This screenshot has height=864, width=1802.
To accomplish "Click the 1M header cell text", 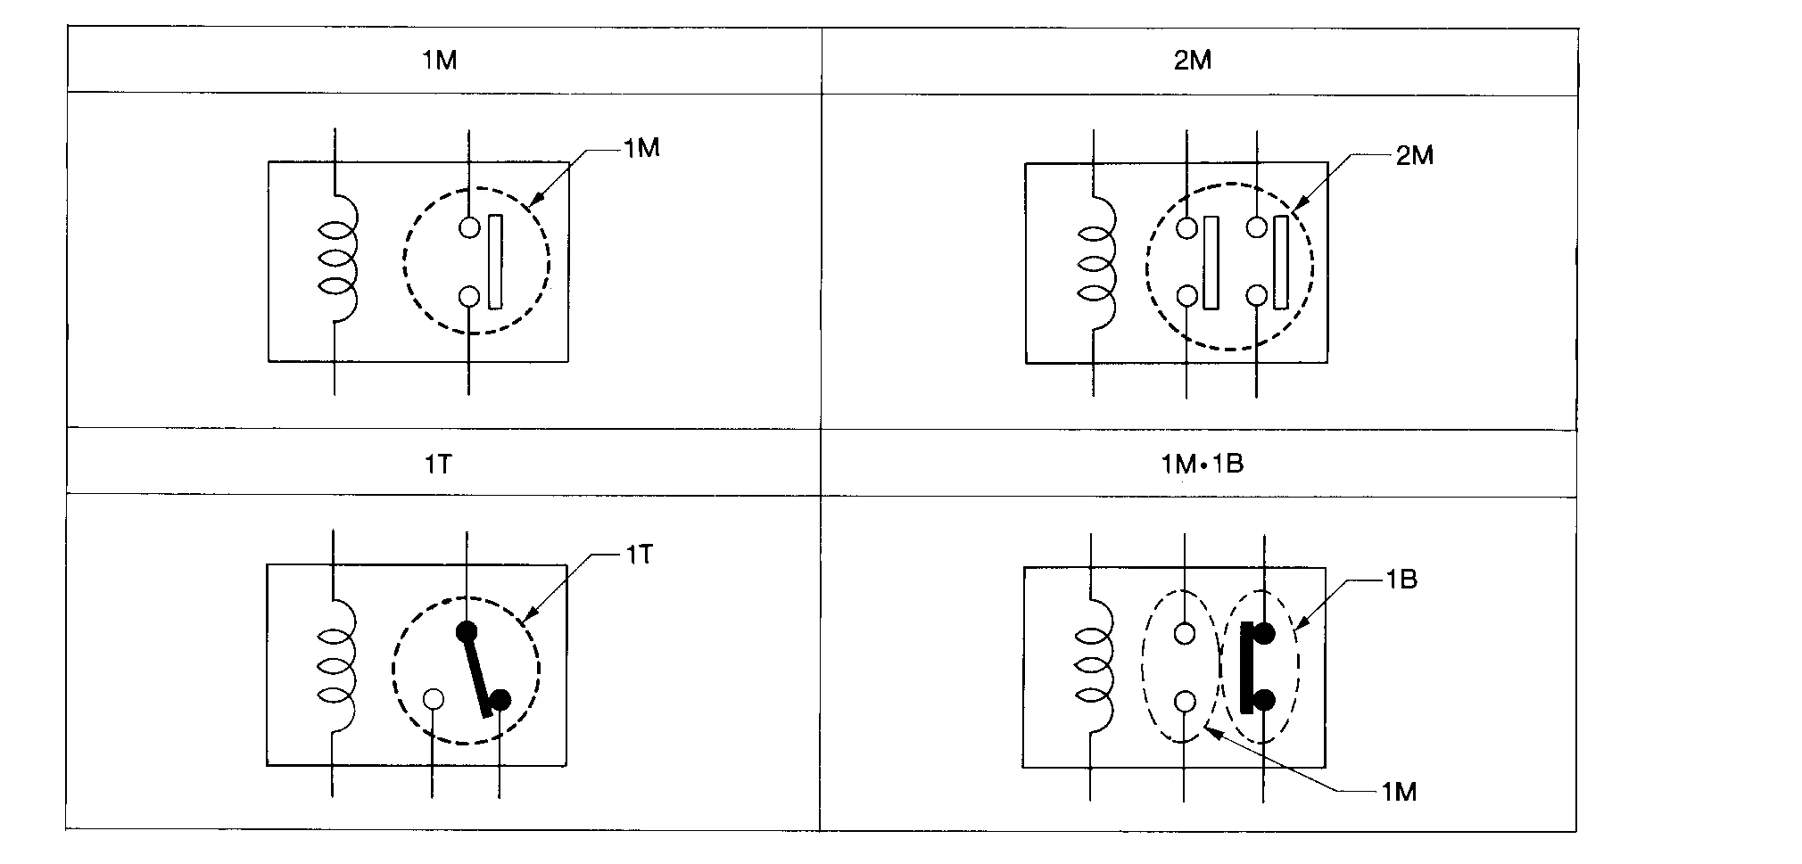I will [440, 61].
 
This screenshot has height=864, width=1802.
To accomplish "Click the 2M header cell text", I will [1193, 61].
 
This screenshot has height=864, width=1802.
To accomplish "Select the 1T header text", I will [438, 465].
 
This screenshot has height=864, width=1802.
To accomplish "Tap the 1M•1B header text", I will [1202, 465].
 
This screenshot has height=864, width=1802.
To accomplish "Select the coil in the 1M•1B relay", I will [1095, 664].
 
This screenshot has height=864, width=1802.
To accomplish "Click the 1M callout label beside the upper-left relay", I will [641, 148].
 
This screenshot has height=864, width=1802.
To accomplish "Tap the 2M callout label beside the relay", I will [1414, 156].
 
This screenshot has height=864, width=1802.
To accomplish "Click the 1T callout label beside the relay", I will [639, 555].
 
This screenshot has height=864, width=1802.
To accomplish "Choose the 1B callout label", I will [1401, 580].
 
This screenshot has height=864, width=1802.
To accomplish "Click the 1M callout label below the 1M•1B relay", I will [1398, 792].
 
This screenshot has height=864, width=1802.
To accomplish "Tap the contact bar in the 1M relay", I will [495, 262].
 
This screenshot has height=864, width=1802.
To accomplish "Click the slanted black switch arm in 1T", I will [479, 673].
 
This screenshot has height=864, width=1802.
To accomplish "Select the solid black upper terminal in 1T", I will [467, 632].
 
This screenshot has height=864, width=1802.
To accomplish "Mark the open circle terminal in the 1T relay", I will [433, 699].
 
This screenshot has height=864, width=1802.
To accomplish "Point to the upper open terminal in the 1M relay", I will [469, 227].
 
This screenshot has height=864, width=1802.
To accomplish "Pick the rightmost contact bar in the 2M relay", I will [1281, 262].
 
